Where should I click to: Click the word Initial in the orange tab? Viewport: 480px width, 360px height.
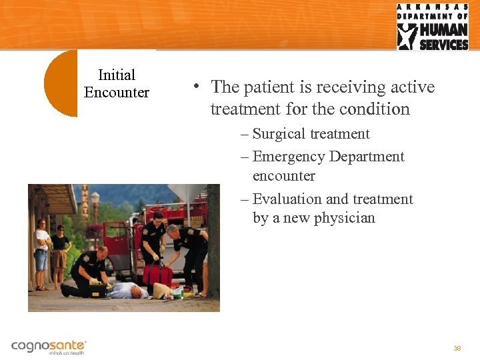(x=117, y=75)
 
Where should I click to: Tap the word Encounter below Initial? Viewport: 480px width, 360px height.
(x=117, y=93)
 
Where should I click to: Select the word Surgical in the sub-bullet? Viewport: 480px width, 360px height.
(x=278, y=134)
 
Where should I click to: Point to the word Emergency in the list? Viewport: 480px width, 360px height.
(x=287, y=157)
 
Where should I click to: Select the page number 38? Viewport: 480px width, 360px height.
(x=457, y=349)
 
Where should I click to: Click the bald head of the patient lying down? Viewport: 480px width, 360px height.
(x=136, y=291)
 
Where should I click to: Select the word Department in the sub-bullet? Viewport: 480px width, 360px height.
(x=365, y=157)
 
